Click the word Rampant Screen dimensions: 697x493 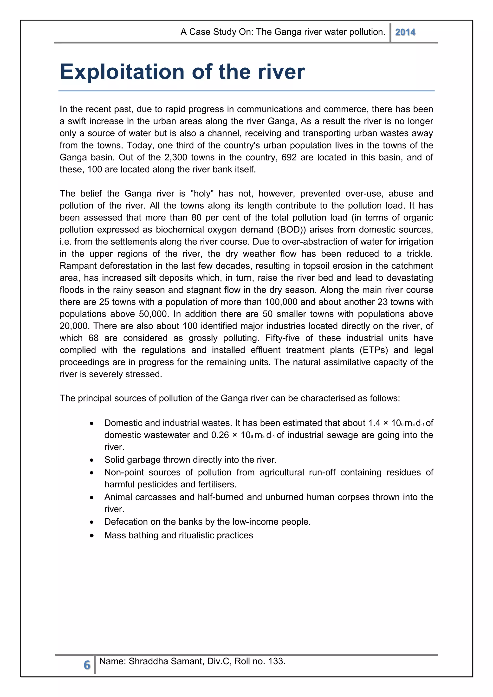coord(78,266)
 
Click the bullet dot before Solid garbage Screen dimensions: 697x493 coord(92,460)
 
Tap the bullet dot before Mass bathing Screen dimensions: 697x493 coord(92,536)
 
